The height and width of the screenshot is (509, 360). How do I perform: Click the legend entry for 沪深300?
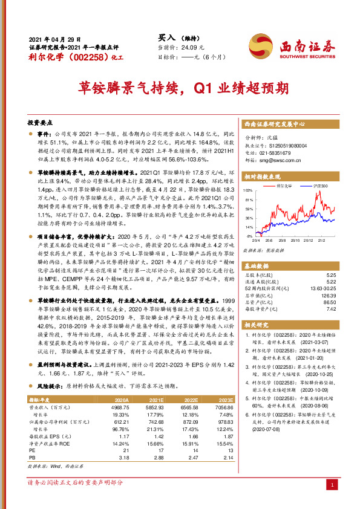tap(320, 187)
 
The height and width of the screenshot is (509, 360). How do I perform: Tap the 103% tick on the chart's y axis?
tap(248, 190)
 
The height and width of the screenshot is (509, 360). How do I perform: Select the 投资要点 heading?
tap(39, 122)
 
